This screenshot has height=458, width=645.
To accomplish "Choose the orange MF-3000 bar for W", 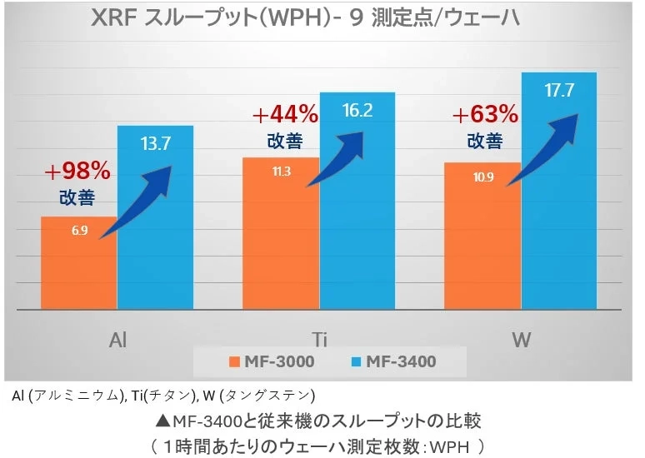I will coord(482,241).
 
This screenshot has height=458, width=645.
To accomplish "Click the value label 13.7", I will coord(155,143).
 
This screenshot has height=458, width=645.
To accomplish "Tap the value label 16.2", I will coord(357,110).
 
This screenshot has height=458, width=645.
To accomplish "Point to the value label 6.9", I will coord(80,231).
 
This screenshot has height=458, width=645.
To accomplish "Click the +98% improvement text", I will coord(77,172).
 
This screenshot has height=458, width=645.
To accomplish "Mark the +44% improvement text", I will coord(284,113).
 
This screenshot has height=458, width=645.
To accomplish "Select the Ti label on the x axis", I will coord(319,341).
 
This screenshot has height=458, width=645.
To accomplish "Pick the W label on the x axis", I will coord(522,341).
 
